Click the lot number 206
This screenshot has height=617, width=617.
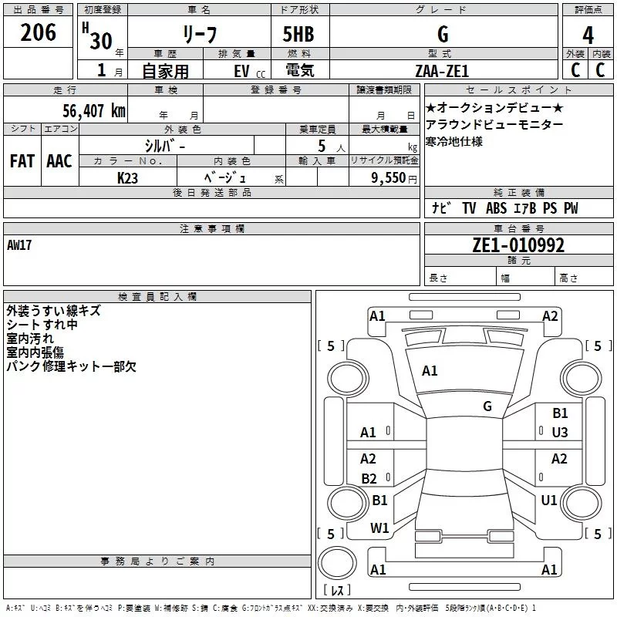(x=39, y=32)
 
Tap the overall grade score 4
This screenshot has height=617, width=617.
(x=588, y=35)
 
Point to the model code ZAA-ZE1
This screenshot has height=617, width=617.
(x=443, y=71)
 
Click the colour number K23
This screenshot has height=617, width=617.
(x=128, y=177)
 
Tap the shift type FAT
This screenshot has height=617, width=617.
(x=22, y=160)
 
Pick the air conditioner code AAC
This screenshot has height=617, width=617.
(x=59, y=160)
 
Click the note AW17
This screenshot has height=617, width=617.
(x=20, y=245)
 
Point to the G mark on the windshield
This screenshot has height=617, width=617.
(x=487, y=406)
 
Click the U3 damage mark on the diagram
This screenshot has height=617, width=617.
(x=560, y=433)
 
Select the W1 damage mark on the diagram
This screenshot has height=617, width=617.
(x=379, y=528)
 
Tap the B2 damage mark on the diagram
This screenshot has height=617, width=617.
(x=369, y=479)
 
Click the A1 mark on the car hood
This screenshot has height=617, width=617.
(x=430, y=371)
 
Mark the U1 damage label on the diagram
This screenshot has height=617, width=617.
(x=549, y=500)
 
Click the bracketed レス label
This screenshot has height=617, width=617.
(x=336, y=590)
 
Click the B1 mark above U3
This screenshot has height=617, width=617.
(x=560, y=413)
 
